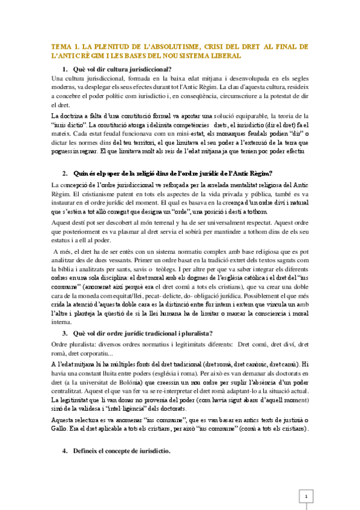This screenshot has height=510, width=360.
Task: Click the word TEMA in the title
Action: tap(61, 46)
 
